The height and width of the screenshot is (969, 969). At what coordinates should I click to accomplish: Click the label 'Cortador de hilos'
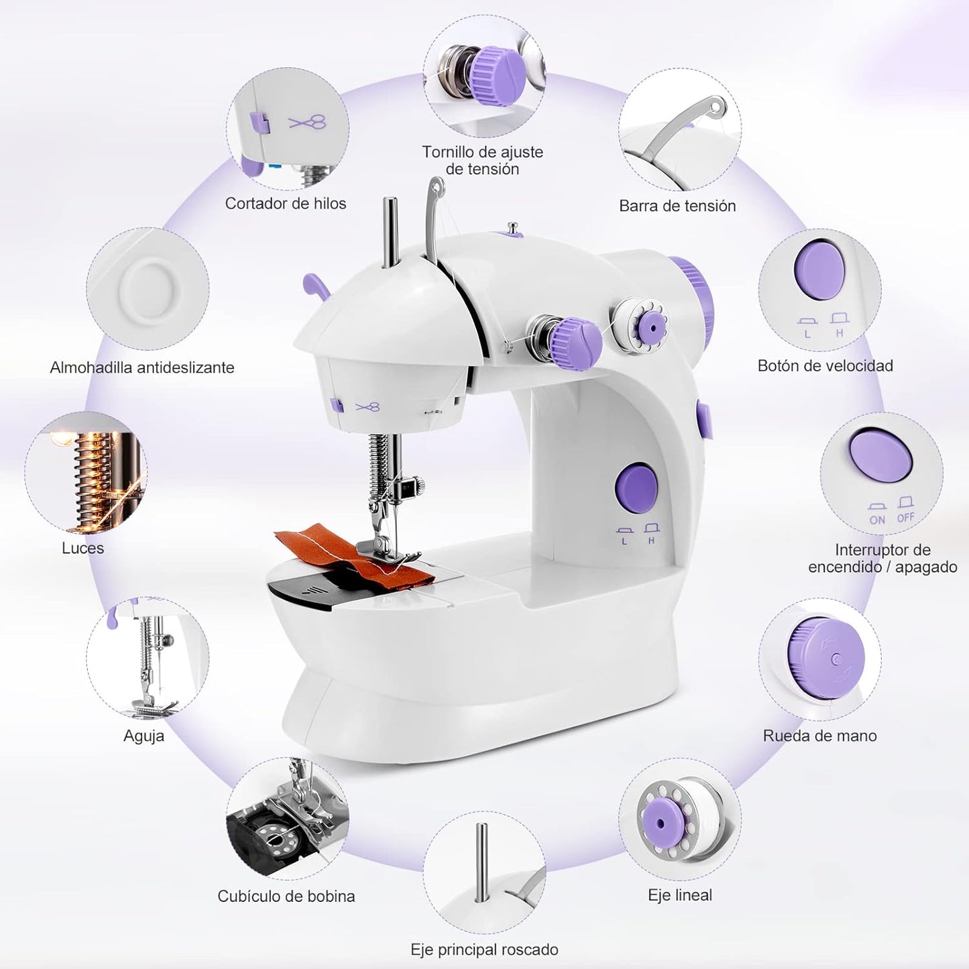[x=286, y=203]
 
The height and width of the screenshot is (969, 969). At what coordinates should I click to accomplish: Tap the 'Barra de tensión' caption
[x=677, y=206]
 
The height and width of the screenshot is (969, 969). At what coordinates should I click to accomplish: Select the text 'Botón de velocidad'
[x=825, y=365]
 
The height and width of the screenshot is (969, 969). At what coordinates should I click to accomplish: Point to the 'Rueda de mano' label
[x=819, y=736]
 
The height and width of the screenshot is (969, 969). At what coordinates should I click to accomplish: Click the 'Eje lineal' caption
[x=680, y=895]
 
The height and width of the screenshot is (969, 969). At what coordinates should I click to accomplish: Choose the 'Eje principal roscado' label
[x=484, y=950]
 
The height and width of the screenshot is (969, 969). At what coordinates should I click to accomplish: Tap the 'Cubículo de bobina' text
[x=286, y=896]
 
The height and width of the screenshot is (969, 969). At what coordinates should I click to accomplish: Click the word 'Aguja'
[x=144, y=736]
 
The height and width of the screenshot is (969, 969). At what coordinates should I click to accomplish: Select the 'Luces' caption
[x=82, y=548]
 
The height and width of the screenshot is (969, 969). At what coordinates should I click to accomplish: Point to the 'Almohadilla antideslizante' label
[x=142, y=367]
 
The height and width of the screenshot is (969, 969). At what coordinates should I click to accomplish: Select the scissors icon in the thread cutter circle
[x=308, y=123]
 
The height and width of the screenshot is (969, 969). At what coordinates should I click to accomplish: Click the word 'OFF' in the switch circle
[x=905, y=518]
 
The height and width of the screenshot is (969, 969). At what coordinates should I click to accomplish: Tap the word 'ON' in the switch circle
[x=877, y=520]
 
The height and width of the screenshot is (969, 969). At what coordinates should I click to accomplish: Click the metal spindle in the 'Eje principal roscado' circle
[x=481, y=862]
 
